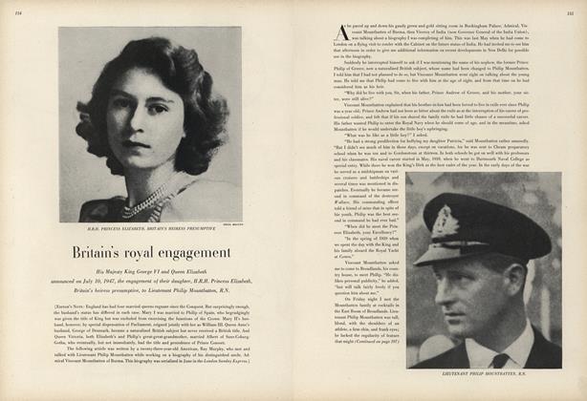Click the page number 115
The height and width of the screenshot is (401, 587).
[x=570, y=12]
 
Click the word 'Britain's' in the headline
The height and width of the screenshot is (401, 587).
[x=103, y=254]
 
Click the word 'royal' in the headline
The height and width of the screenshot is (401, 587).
[x=154, y=254]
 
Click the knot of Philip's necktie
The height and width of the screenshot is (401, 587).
[x=501, y=361]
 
